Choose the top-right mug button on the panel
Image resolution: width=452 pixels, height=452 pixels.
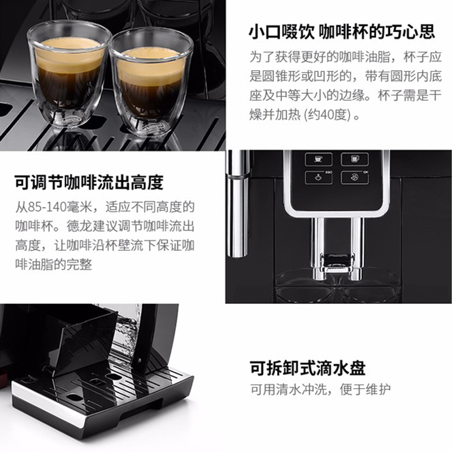point(354,159)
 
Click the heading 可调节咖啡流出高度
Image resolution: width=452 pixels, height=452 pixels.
point(89,182)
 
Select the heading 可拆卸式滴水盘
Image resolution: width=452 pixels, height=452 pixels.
point(307,368)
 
